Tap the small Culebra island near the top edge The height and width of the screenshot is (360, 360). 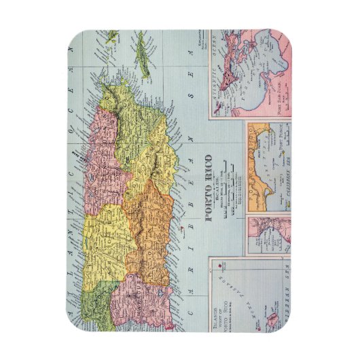point(110,35)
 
